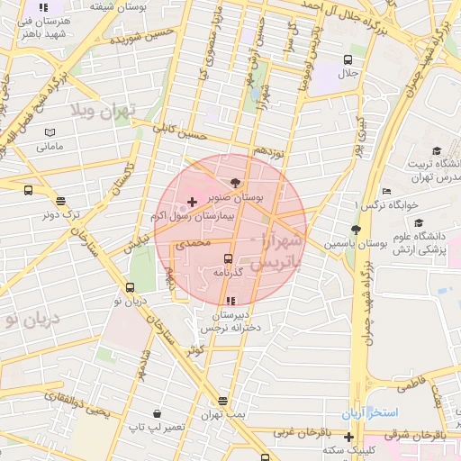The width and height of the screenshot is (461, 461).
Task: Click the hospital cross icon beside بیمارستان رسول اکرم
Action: (192, 201)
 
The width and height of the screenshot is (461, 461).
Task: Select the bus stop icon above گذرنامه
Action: (228, 258)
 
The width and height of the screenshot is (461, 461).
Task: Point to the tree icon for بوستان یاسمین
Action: (356, 230)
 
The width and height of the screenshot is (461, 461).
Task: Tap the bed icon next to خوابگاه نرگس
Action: (386, 191)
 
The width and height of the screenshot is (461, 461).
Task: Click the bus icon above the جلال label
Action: (348, 59)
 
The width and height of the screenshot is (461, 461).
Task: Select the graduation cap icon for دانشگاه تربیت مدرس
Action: (438, 151)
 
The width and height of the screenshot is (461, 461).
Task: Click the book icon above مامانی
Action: (49, 132)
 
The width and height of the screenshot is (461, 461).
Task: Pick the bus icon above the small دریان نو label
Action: (131, 288)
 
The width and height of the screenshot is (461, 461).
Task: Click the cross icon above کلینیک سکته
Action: (348, 437)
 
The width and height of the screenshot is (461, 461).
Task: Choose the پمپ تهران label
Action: (222, 412)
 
